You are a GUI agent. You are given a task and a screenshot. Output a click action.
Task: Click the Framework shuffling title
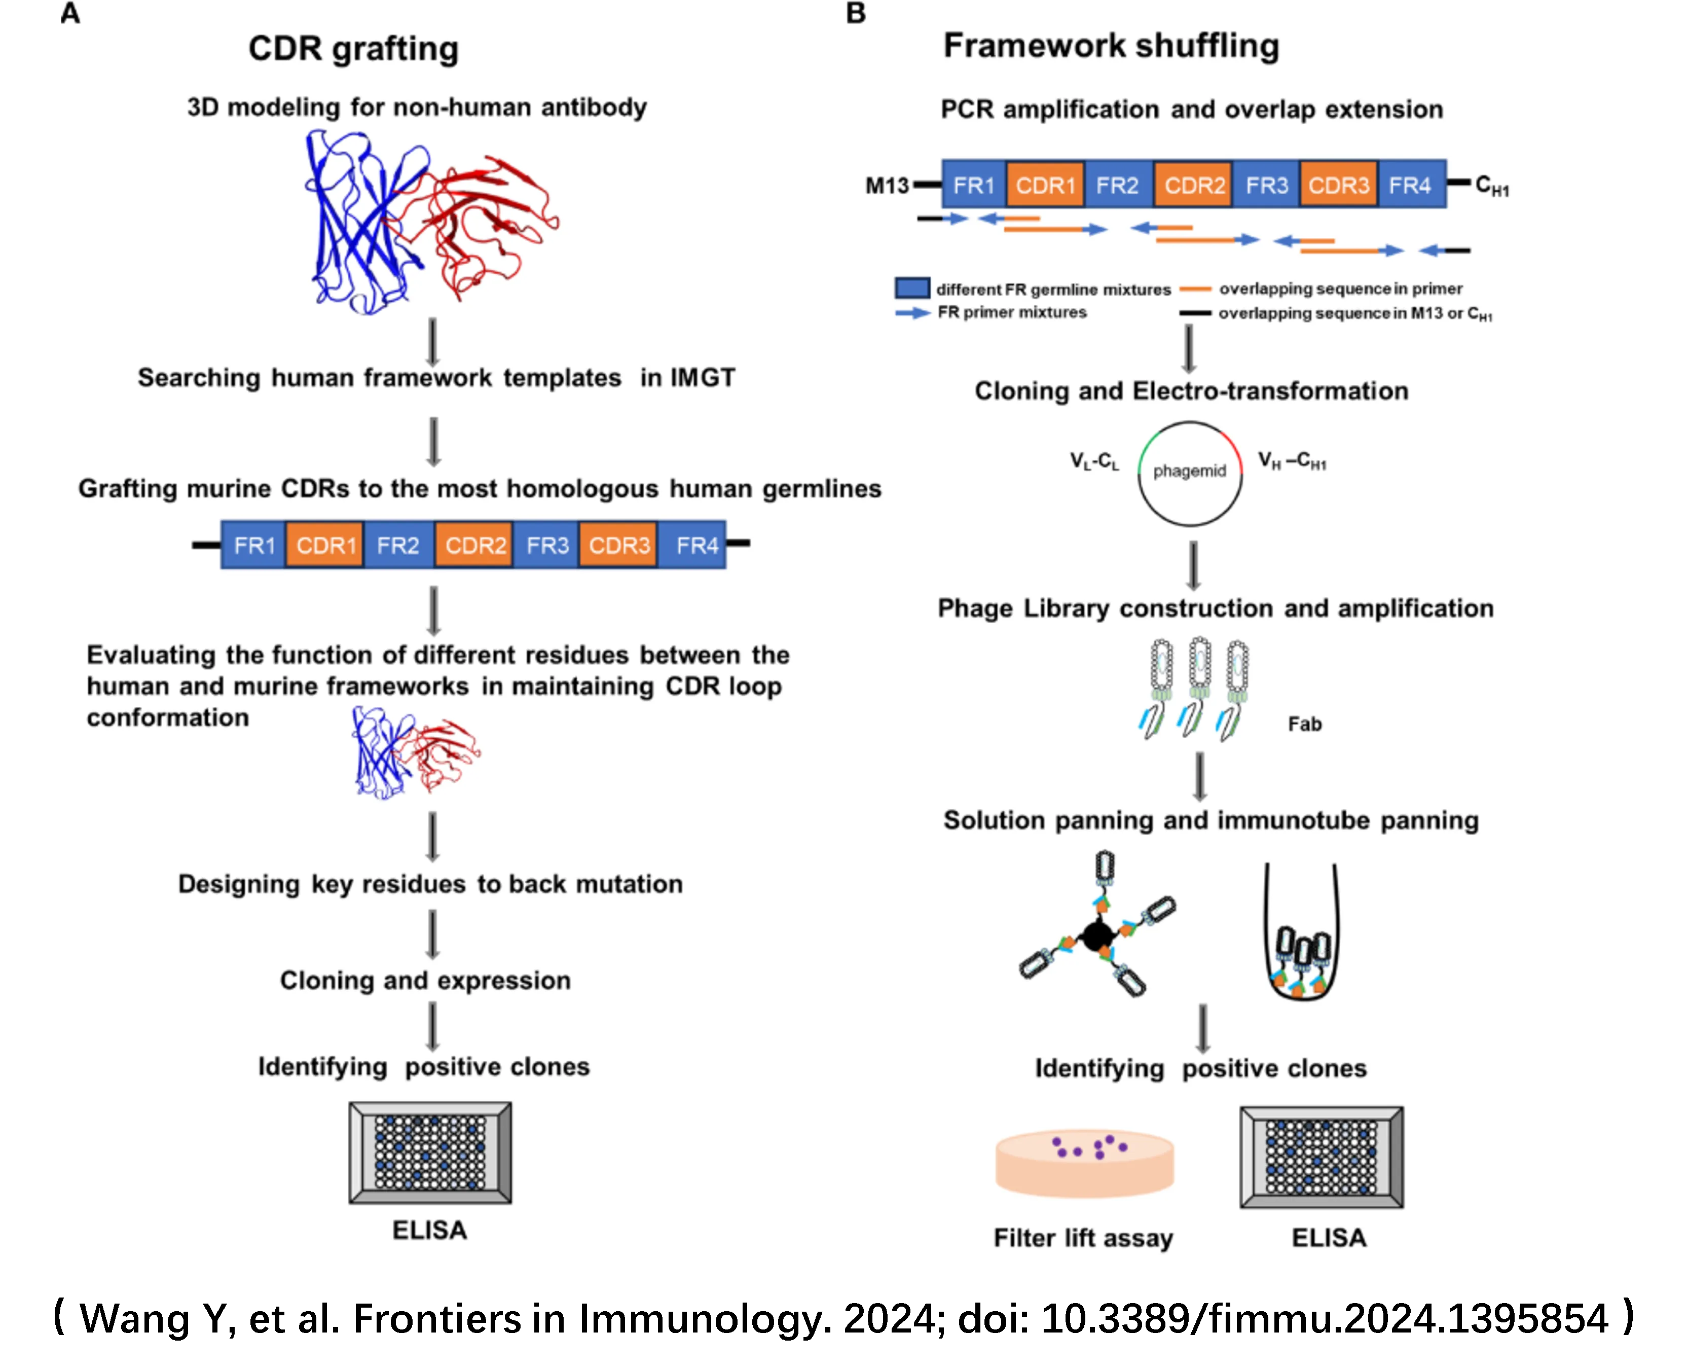1111,46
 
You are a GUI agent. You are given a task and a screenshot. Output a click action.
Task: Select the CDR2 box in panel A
474,545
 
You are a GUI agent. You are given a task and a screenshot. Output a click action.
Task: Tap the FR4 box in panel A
696,545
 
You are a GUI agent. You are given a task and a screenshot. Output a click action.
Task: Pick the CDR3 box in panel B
1339,185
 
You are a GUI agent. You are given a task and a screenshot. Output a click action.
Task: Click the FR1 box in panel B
974,185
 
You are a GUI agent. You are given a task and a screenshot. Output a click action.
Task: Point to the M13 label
887,186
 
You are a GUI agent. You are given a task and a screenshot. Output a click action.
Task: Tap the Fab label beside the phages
1305,724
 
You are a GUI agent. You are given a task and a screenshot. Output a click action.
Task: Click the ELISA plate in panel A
430,1152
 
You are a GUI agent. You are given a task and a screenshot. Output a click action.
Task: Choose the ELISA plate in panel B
1322,1157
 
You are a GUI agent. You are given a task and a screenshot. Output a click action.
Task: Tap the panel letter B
856,13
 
